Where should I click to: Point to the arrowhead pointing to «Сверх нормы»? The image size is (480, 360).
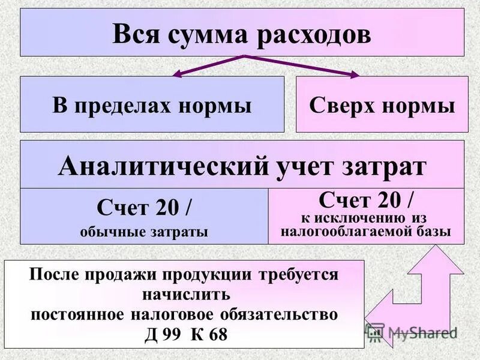click(x=355, y=74)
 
